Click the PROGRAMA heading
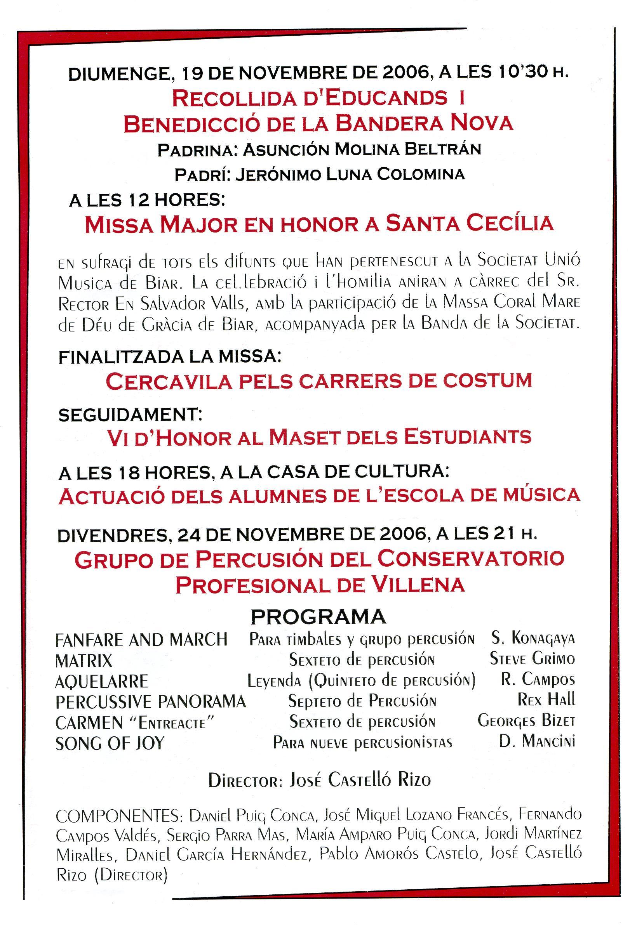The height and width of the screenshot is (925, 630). tap(318, 616)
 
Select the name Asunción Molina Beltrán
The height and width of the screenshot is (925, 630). tap(362, 149)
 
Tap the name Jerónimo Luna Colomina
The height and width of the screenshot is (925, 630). tap(350, 174)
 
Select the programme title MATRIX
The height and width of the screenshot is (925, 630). tap(84, 661)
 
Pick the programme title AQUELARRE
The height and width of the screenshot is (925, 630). tap(101, 682)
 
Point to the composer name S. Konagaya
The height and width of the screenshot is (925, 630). tap(533, 639)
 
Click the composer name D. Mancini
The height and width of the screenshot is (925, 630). tap(537, 741)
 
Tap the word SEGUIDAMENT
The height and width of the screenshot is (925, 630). tap(130, 415)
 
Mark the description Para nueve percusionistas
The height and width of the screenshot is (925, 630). tap(362, 743)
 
